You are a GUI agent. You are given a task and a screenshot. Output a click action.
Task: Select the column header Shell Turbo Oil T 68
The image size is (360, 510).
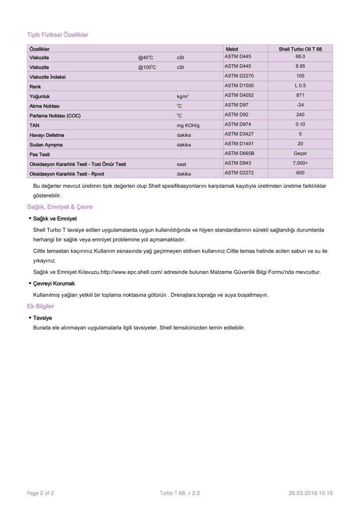pos(300,49)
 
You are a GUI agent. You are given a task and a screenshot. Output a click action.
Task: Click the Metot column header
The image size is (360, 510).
pos(232,49)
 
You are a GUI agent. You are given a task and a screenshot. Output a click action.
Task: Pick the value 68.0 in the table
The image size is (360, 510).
pos(300,57)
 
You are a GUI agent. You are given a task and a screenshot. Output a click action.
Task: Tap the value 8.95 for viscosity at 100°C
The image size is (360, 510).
pos(300,66)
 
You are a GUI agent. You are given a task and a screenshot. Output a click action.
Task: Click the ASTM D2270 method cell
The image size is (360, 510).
pos(239,76)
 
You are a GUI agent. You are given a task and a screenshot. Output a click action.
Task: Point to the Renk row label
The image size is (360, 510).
pos(35,87)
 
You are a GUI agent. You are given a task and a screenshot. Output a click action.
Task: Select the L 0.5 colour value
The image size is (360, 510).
pos(300,86)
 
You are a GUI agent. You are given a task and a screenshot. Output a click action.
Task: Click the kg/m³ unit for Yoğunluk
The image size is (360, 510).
pos(183,96)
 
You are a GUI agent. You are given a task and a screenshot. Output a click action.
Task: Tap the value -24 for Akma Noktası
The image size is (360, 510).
pos(300,105)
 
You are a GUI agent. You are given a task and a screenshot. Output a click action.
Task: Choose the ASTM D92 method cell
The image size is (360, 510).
pos(236,115)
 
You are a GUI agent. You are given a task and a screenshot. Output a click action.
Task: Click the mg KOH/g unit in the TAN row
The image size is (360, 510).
pos(188,125)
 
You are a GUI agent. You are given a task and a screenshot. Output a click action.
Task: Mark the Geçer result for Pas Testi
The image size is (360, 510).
pos(300,153)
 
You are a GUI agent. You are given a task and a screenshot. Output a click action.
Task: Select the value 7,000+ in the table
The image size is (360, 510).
pos(300,163)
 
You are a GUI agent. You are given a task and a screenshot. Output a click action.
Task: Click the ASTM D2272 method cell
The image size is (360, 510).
pos(239,173)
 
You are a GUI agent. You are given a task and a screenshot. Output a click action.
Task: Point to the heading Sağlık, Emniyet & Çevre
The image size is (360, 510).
pos(60,207)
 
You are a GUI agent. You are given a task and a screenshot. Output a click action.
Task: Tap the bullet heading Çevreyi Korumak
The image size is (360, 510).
pos(54,283)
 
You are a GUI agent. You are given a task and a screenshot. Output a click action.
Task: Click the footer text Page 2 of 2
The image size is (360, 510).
pos(40,493)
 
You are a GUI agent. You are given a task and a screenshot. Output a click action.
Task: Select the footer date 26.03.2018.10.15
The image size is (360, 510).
pos(310,493)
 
